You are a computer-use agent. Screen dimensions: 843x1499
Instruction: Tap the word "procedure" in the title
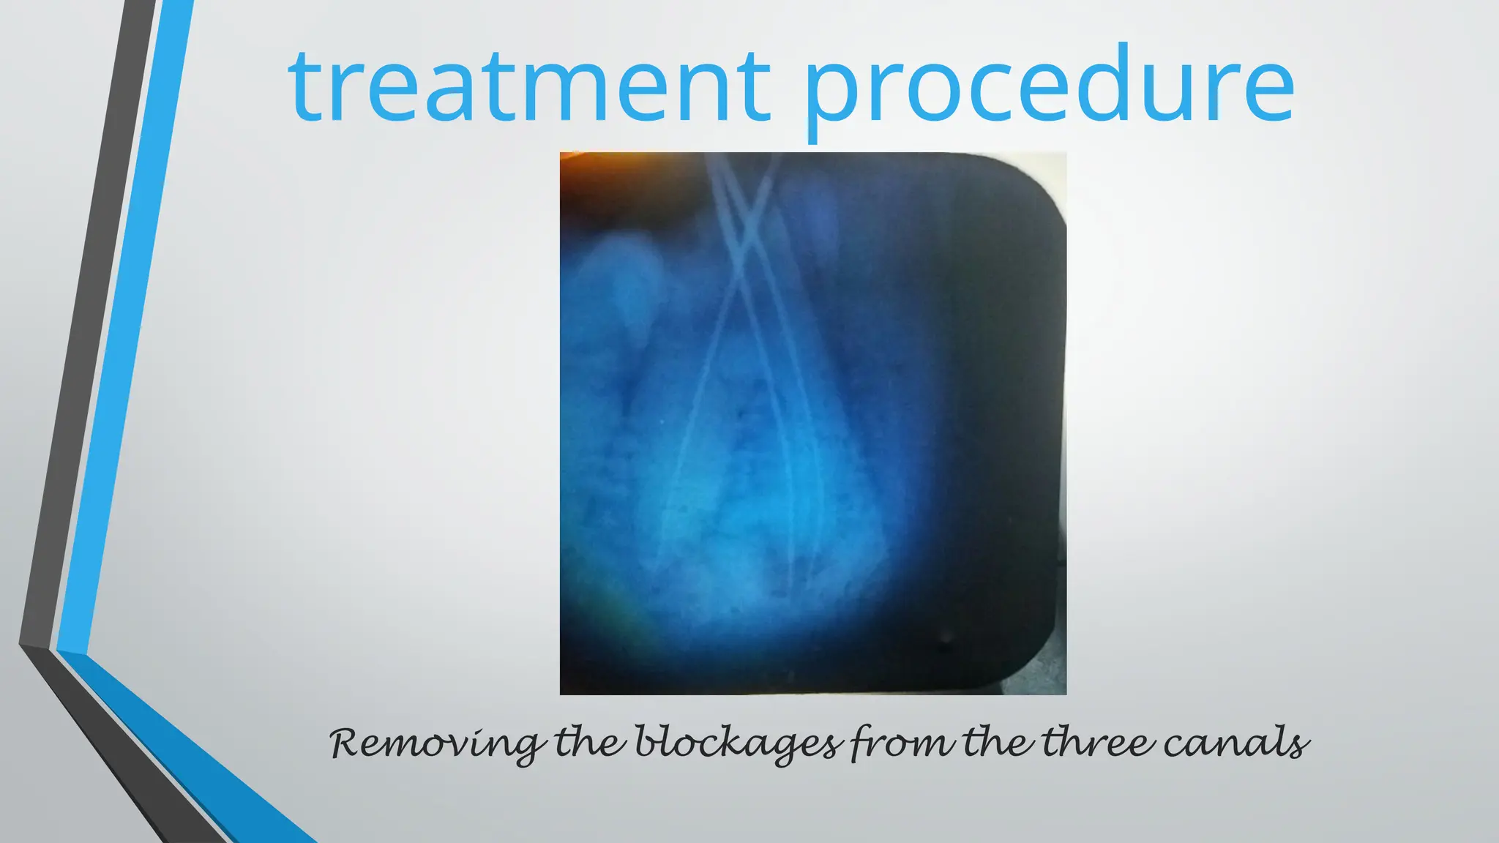[x=1049, y=86]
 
